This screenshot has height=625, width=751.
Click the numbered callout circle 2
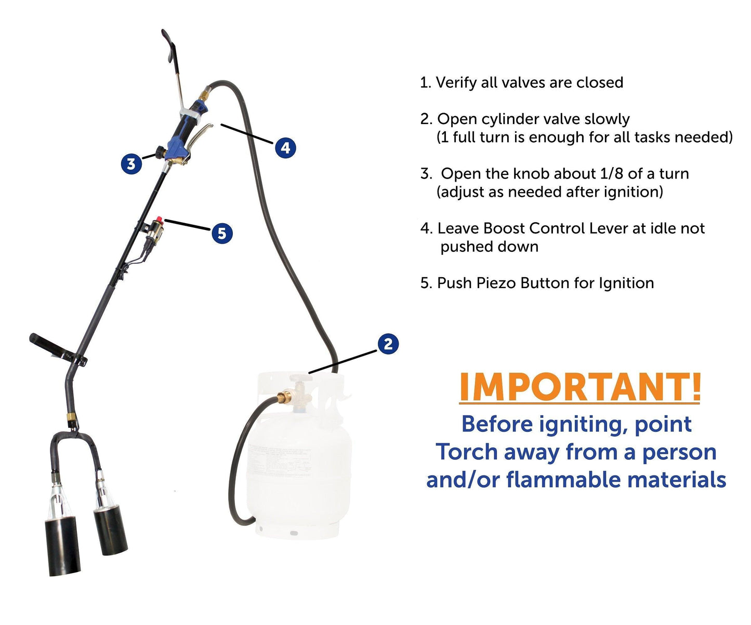pos(388,344)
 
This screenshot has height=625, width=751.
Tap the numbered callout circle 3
pos(131,164)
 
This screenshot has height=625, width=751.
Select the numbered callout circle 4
pos(285,147)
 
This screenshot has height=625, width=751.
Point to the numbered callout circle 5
pos(222,233)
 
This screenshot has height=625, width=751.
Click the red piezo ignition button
pos(159,220)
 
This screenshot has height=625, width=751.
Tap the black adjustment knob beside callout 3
pos(160,152)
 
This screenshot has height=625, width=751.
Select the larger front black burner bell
pos(62,546)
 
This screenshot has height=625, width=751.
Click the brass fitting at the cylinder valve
pos(284,397)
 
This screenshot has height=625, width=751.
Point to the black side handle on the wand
pos(57,348)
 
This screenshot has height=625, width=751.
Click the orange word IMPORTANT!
pos(580,388)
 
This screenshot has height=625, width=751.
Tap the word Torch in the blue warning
pos(467,452)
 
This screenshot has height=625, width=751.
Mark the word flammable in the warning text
pos(563,480)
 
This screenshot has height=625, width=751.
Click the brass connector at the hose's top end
pos(204,96)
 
